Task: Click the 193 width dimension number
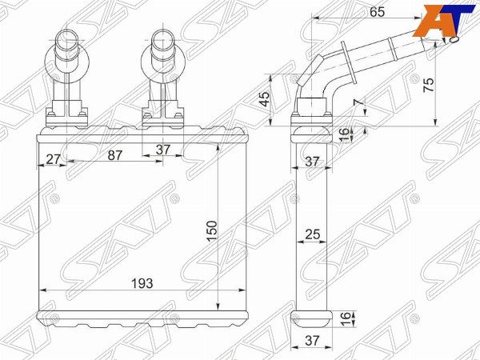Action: click(x=142, y=283)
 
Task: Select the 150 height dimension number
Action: click(x=212, y=231)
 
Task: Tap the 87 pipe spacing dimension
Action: click(x=115, y=155)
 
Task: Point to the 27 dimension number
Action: click(x=53, y=159)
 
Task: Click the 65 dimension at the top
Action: click(x=377, y=12)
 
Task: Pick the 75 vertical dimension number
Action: click(x=428, y=85)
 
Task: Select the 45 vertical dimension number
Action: click(x=264, y=98)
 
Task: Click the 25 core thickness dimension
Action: click(x=313, y=234)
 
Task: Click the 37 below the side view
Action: click(x=312, y=341)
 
